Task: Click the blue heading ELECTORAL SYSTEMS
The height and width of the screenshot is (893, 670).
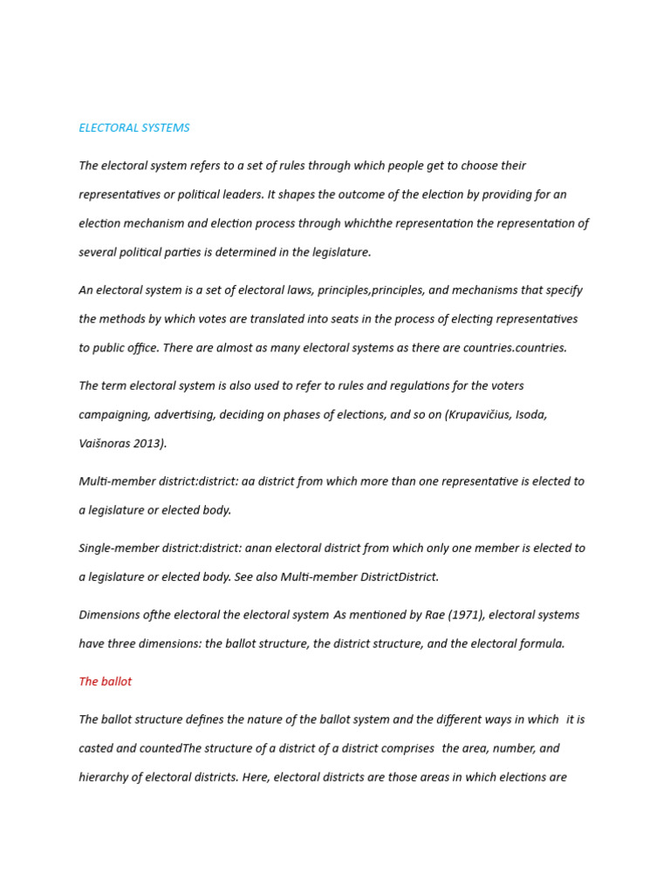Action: (x=133, y=128)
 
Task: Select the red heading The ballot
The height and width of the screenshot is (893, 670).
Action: (x=105, y=682)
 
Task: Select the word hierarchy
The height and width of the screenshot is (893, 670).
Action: (x=104, y=777)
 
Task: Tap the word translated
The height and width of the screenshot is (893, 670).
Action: (x=279, y=319)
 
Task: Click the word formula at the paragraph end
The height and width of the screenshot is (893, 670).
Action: (x=542, y=644)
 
